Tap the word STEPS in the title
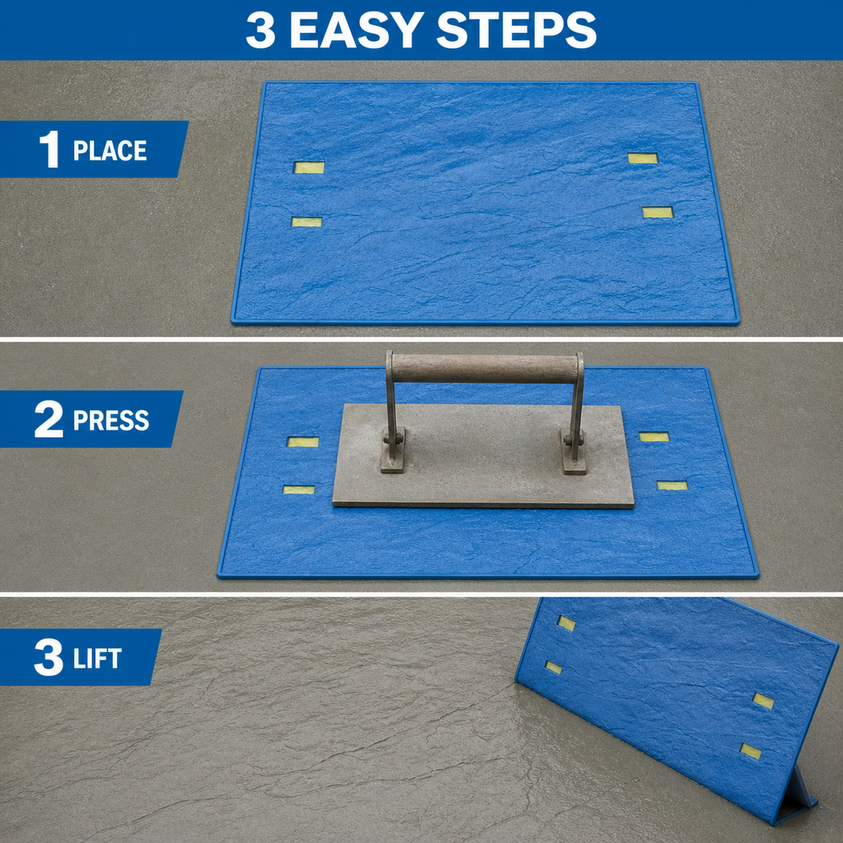click(516, 30)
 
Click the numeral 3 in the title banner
click(261, 30)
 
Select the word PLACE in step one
click(109, 151)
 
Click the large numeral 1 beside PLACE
click(50, 150)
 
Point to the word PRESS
click(111, 420)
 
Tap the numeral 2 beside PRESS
click(49, 419)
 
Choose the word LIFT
click(97, 659)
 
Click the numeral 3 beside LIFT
click(49, 657)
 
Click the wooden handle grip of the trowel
click(485, 368)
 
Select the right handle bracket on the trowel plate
click(574, 452)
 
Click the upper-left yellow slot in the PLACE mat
click(310, 168)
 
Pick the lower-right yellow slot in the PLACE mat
click(658, 212)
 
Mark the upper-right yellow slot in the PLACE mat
click(643, 158)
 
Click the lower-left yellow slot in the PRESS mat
click(299, 490)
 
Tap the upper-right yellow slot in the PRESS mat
click(654, 436)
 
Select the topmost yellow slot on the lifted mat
click(566, 623)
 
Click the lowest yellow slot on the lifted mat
click(751, 751)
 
